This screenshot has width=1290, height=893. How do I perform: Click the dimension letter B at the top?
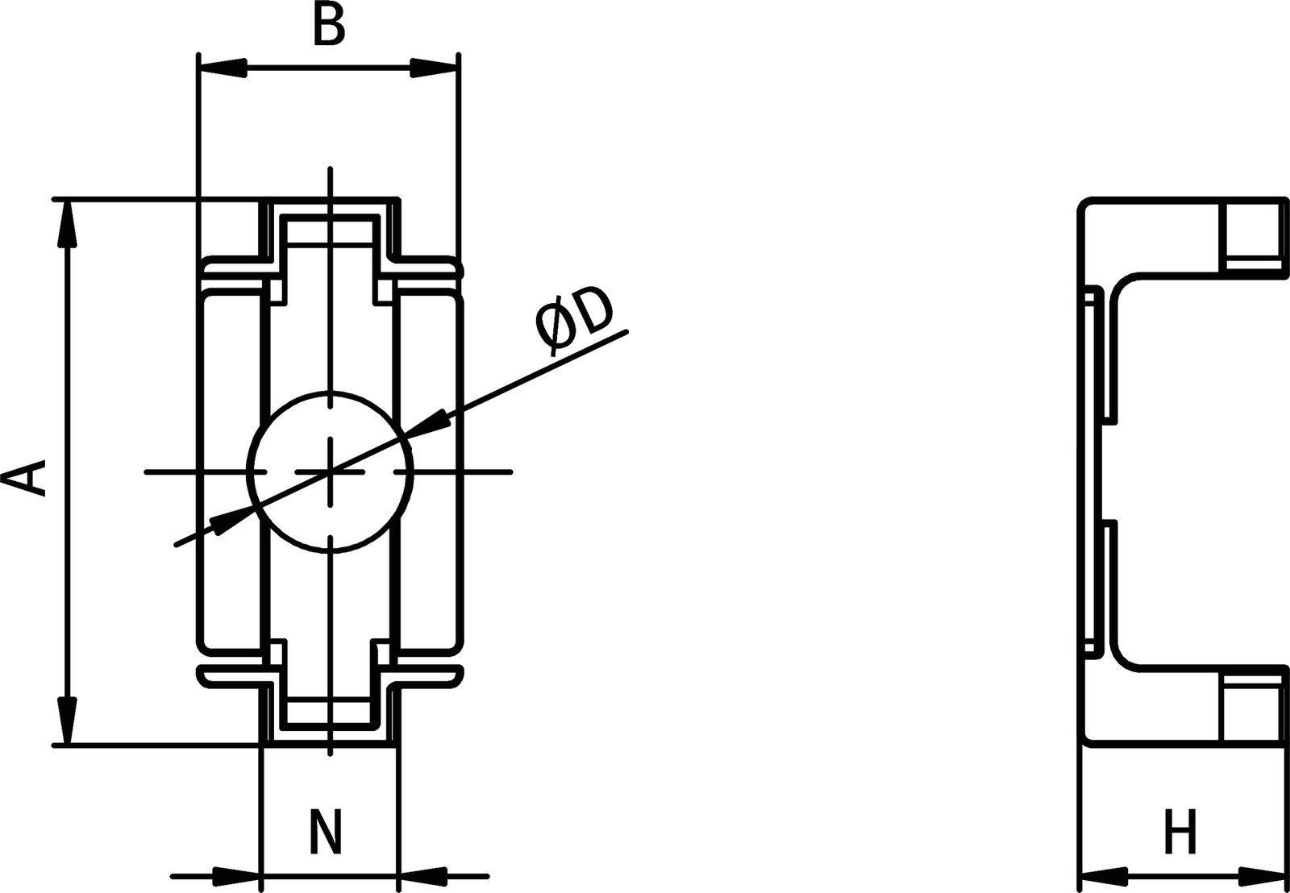pos(329,26)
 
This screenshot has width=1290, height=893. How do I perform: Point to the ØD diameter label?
pos(574,319)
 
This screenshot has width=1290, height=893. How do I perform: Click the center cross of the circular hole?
pos(330,471)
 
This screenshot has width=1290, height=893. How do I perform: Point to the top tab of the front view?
pos(330,222)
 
